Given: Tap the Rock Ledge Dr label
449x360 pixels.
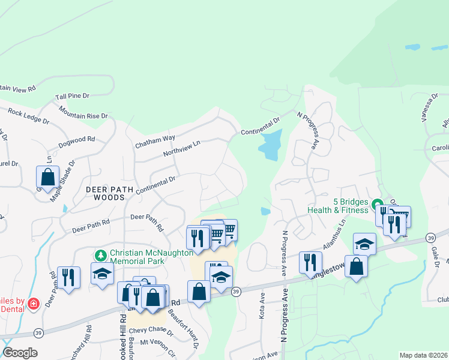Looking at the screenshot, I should pyautogui.click(x=28, y=116).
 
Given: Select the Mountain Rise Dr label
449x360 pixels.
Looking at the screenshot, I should pyautogui.click(x=83, y=112).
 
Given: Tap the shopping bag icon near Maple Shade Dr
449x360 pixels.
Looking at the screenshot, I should pyautogui.click(x=47, y=177).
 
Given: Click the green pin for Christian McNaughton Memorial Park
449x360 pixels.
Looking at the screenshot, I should pyautogui.click(x=100, y=255).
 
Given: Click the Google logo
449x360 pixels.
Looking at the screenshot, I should pyautogui.click(x=20, y=353).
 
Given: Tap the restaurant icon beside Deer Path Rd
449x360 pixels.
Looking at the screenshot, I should pyautogui.click(x=68, y=277).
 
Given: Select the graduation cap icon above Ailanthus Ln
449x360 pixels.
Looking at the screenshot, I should pyautogui.click(x=364, y=244).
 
